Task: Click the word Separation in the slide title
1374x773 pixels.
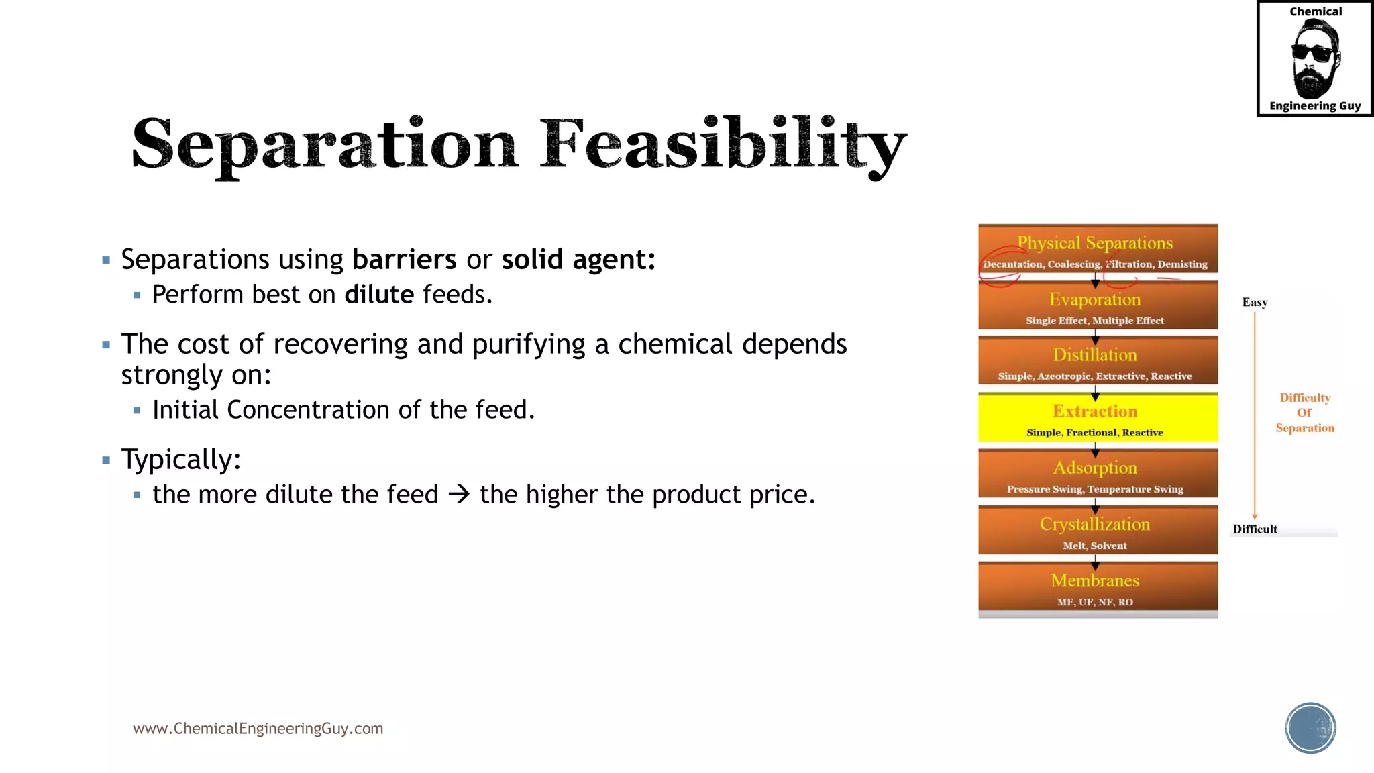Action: tap(325, 144)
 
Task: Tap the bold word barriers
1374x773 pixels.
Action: tap(404, 260)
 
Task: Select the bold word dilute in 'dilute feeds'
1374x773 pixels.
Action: tap(379, 295)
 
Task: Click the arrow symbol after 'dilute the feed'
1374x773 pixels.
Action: tap(459, 495)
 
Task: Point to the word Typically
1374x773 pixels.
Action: tap(180, 460)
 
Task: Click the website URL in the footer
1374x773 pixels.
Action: tap(258, 729)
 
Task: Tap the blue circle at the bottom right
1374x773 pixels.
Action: tap(1310, 728)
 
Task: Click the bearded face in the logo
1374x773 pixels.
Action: tap(1314, 59)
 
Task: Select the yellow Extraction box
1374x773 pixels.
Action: tap(1098, 417)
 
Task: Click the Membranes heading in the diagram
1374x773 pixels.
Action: tap(1095, 580)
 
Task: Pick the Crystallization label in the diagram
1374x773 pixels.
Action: tap(1095, 524)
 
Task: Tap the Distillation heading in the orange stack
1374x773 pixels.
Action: tap(1095, 355)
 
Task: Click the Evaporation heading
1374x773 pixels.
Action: tap(1095, 299)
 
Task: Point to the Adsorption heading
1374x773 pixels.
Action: tap(1095, 468)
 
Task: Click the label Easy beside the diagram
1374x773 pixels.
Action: tap(1255, 303)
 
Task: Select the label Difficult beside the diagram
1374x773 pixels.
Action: tap(1255, 529)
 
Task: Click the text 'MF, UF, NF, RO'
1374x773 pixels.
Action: tap(1095, 602)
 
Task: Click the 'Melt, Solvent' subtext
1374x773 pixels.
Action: tap(1095, 546)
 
